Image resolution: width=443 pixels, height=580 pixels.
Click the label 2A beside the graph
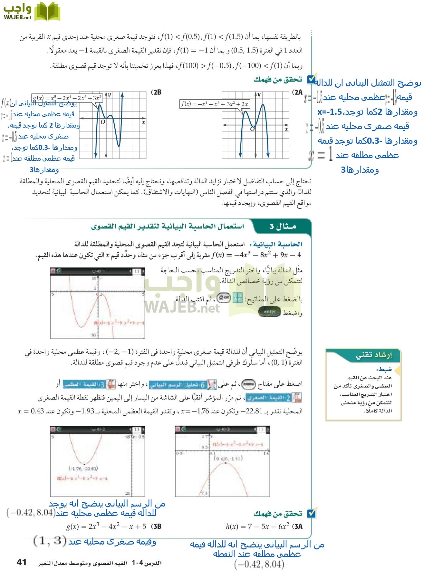(x=297, y=92)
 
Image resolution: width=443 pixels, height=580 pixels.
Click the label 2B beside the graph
(x=156, y=92)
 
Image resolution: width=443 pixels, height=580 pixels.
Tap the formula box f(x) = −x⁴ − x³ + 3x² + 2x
(x=214, y=104)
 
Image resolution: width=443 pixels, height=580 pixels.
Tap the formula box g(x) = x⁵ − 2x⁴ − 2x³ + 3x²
(x=67, y=98)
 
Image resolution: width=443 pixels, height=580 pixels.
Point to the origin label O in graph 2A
(x=252, y=129)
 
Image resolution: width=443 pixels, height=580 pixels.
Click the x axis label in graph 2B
(x=143, y=122)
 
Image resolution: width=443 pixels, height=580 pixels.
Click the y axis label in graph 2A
(x=259, y=95)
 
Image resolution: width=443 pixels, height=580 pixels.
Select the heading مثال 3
(x=283, y=227)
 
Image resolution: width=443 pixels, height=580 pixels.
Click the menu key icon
(x=248, y=384)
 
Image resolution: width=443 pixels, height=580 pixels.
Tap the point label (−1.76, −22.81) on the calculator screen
(x=83, y=469)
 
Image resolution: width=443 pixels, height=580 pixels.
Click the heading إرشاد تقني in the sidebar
(x=374, y=355)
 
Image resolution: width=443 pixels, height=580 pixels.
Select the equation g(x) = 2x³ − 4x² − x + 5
(x=106, y=527)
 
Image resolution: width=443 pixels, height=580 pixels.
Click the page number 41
(x=22, y=562)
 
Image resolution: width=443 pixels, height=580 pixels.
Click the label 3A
(x=297, y=527)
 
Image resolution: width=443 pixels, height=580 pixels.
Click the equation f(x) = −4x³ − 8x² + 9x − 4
(x=256, y=255)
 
